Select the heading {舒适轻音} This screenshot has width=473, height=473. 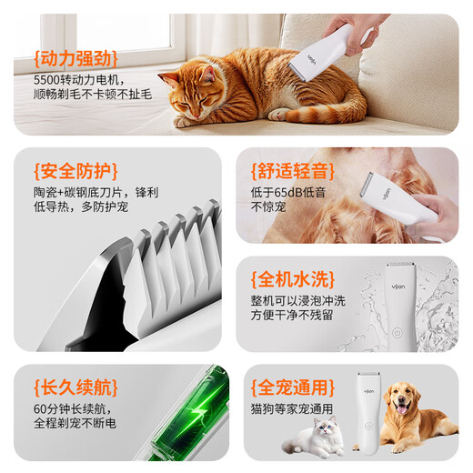(290, 169)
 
